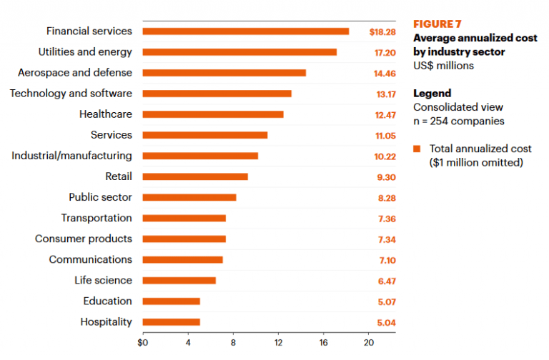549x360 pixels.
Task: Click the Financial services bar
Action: (245, 31)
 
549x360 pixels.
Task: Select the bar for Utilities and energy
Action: (239, 52)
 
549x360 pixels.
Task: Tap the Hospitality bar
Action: (171, 322)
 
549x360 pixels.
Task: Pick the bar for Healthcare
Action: (213, 114)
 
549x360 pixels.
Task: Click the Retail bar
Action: (195, 176)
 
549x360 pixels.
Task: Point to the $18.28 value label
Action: (382, 31)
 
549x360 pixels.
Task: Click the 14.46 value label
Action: (382, 73)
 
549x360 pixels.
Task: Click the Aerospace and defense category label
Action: (75, 73)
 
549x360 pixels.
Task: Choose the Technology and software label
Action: (71, 94)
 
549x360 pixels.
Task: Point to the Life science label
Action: (103, 281)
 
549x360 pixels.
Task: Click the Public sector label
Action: (100, 198)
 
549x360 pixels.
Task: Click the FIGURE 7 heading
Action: (438, 24)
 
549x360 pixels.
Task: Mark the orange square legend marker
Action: (417, 149)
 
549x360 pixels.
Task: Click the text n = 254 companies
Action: (458, 121)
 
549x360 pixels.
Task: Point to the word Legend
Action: (432, 94)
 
